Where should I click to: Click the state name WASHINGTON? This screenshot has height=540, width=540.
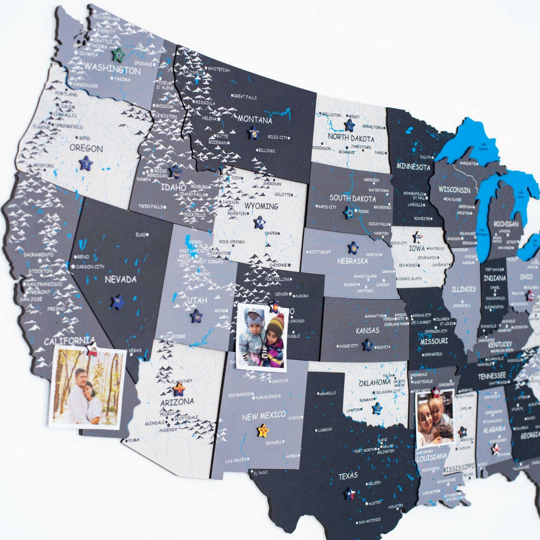[112, 70]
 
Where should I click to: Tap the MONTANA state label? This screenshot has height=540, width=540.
[255, 120]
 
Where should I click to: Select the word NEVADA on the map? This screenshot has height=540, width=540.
[121, 279]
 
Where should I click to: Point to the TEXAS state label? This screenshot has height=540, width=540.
[348, 476]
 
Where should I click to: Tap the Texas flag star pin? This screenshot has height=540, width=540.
[350, 494]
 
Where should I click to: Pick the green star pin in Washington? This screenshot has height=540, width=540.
[118, 54]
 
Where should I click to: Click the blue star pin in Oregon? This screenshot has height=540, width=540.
[85, 163]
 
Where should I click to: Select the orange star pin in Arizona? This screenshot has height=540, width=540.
[179, 389]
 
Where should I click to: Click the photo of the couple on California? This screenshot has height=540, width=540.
[87, 387]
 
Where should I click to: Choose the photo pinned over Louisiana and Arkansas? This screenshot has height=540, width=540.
[435, 419]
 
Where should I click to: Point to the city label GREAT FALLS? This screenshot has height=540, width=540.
[245, 96]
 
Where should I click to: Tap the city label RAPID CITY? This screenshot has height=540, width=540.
[327, 207]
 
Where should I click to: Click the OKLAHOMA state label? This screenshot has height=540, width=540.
[374, 383]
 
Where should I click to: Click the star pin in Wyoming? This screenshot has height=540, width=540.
[259, 222]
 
